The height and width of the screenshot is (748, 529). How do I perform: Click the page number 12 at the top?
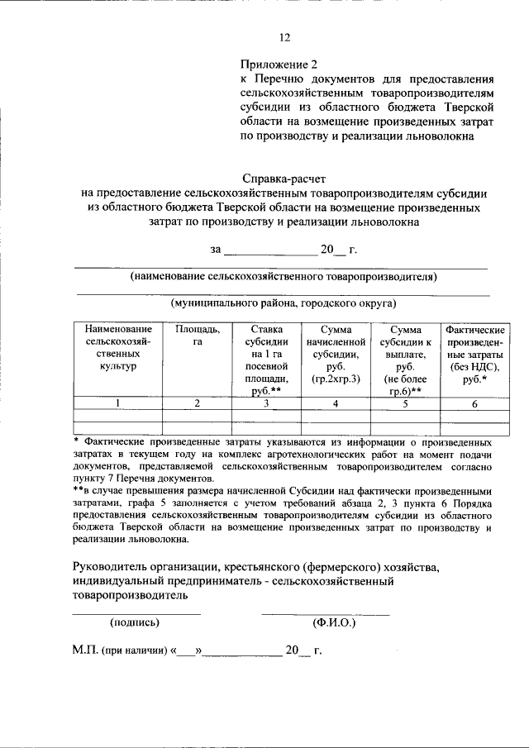285,36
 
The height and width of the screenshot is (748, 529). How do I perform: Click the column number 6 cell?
474,403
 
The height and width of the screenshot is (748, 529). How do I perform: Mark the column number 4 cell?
335,403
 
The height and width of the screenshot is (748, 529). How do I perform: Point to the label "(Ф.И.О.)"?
333,622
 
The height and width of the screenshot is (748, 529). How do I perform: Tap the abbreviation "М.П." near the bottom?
85,650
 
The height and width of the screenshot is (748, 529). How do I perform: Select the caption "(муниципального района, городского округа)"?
284,303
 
